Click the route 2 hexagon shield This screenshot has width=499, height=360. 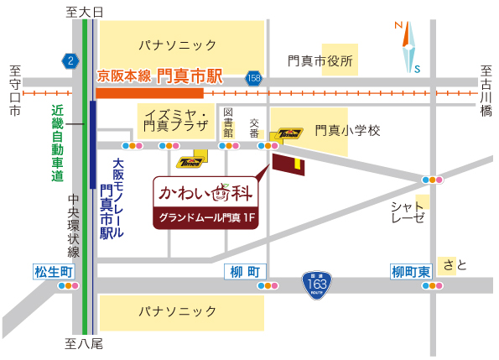pyautogui.click(x=70, y=60)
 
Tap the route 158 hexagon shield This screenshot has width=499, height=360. pyautogui.click(x=253, y=78)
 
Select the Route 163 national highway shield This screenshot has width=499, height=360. pyautogui.click(x=317, y=284)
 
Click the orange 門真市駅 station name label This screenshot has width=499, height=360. pyautogui.click(x=190, y=76)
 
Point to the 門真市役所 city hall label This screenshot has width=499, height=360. pyautogui.click(x=320, y=60)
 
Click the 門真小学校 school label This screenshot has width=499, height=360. pyautogui.click(x=348, y=131)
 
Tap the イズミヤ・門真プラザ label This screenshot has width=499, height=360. pyautogui.click(x=176, y=121)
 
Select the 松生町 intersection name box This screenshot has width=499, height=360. pyautogui.click(x=54, y=272)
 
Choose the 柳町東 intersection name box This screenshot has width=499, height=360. pyautogui.click(x=411, y=272)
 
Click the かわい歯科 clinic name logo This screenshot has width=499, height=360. pyautogui.click(x=205, y=193)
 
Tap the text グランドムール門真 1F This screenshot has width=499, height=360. pyautogui.click(x=207, y=217)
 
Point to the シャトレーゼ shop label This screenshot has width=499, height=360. pyautogui.click(x=408, y=212)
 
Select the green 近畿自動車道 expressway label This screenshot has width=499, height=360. pyautogui.click(x=58, y=143)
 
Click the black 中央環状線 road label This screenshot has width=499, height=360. pyautogui.click(x=74, y=226)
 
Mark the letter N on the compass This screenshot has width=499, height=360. pyautogui.click(x=398, y=25)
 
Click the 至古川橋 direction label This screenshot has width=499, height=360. pyautogui.click(x=486, y=91)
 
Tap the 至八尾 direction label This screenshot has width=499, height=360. pyautogui.click(x=84, y=344)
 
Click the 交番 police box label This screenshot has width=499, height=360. pyautogui.click(x=254, y=128)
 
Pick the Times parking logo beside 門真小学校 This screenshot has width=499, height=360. pyautogui.click(x=289, y=133)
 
